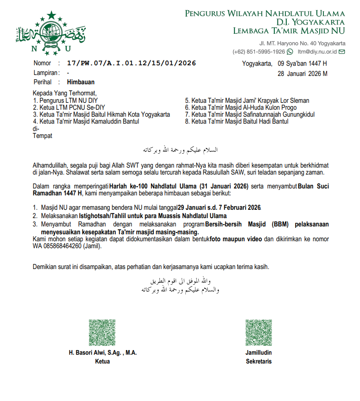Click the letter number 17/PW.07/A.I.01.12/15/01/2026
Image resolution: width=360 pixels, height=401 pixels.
[x=131, y=63]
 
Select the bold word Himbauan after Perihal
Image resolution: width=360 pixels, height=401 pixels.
[x=81, y=82]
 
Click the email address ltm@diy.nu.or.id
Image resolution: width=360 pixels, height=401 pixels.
[x=317, y=51]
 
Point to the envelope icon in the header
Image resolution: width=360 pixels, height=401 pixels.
[x=342, y=51]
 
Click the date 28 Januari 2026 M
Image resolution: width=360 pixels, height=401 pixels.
[x=303, y=74]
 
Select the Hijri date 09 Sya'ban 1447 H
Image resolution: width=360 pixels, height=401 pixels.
[x=302, y=63]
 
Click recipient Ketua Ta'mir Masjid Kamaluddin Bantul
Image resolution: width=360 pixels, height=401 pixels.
[x=86, y=121]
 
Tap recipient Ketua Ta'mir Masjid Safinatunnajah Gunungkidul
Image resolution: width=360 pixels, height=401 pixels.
[x=250, y=114]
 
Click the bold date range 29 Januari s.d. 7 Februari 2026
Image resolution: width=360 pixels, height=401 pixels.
[x=216, y=208]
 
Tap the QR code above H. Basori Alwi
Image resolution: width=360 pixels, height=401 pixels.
[x=102, y=332]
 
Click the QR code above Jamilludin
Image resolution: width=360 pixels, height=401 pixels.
[x=259, y=332]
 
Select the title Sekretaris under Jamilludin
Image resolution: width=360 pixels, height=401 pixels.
[x=259, y=361]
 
